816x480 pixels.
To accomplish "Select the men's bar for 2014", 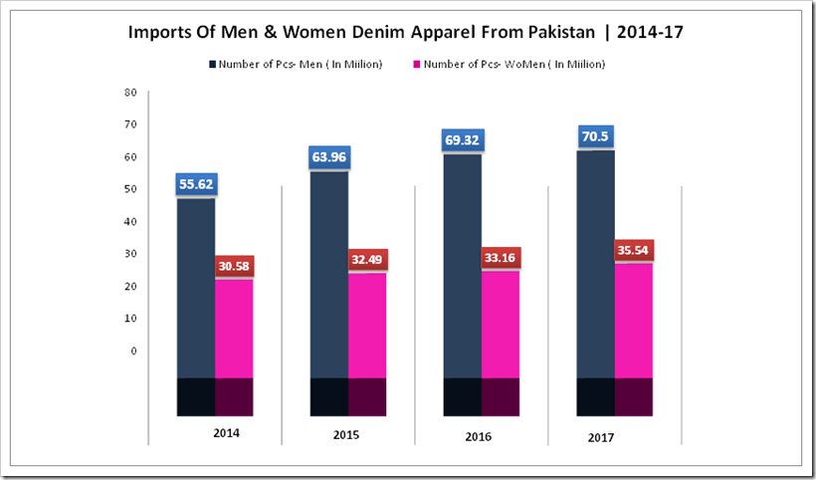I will click(196, 289).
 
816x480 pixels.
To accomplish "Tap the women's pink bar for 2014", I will click(234, 329).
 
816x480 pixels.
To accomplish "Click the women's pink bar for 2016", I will click(501, 324).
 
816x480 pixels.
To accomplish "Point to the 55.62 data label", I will click(196, 184).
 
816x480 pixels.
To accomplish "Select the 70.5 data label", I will click(595, 135).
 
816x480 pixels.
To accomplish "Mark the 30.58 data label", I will click(234, 266).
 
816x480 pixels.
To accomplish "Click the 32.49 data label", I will click(367, 259).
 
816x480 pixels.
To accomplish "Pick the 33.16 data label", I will click(501, 257).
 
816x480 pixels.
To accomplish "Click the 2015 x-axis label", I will click(346, 435).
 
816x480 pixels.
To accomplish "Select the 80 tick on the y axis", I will click(130, 93).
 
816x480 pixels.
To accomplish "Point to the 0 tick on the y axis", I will click(133, 351).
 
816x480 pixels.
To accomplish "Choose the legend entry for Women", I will click(509, 65).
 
